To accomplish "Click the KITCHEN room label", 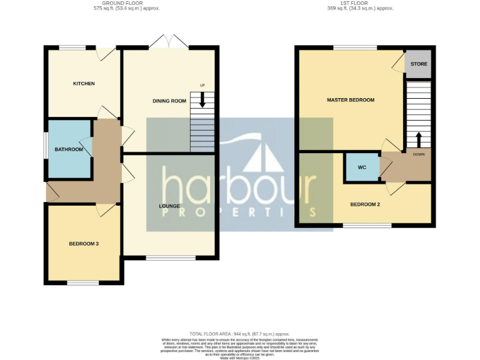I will pyautogui.click(x=84, y=84).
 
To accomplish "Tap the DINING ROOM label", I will pyautogui.click(x=170, y=101).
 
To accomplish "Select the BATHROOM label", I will pyautogui.click(x=68, y=149).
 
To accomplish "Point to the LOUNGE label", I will pyautogui.click(x=169, y=206).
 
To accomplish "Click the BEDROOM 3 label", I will pyautogui.click(x=84, y=244).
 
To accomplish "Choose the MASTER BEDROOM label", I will pyautogui.click(x=351, y=100).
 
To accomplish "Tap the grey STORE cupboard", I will pyautogui.click(x=418, y=64).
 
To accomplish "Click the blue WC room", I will pyautogui.click(x=362, y=167).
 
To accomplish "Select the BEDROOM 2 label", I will pyautogui.click(x=365, y=204).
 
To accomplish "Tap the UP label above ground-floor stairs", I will pyautogui.click(x=202, y=86).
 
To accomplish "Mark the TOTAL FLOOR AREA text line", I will pyautogui.click(x=239, y=334).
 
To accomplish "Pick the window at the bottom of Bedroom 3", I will pyautogui.click(x=83, y=283).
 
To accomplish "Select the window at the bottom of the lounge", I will pyautogui.click(x=170, y=257).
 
